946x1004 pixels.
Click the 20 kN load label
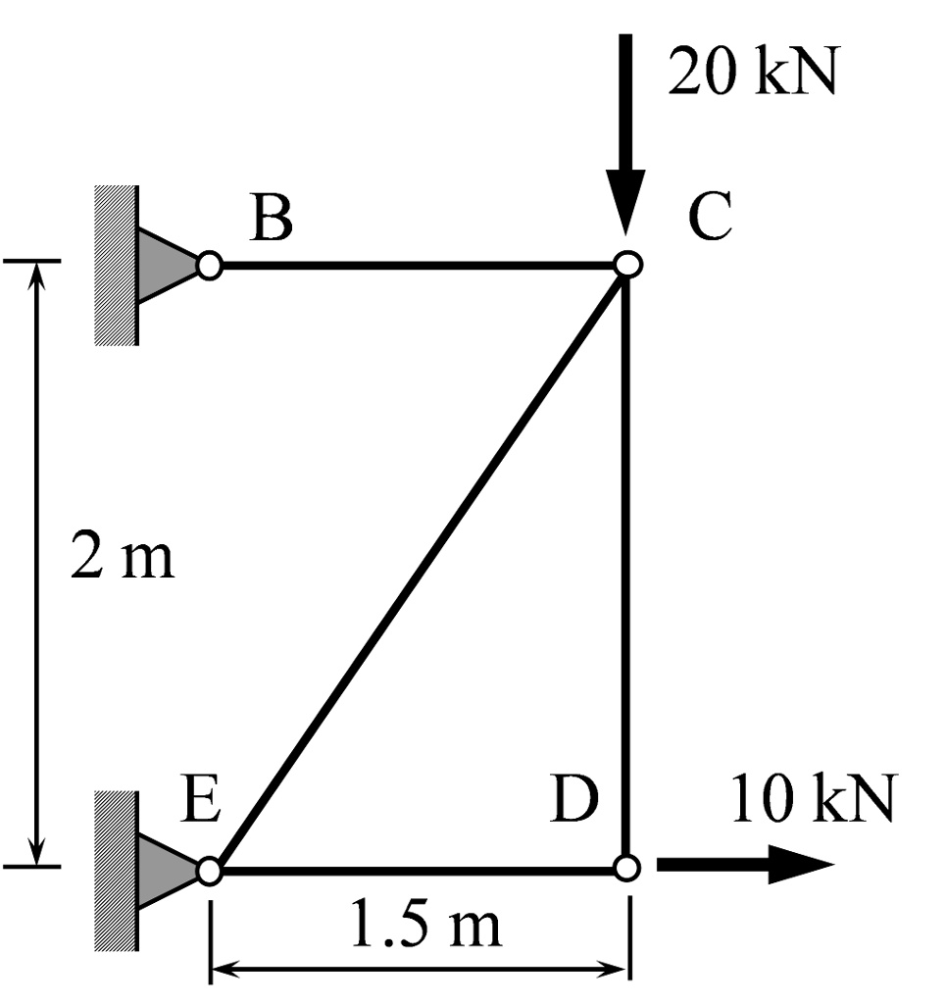click(x=753, y=73)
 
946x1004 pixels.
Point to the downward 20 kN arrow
click(x=625, y=137)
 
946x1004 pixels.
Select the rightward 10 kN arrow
click(x=745, y=865)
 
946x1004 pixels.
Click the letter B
click(x=271, y=220)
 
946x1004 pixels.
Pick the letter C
click(x=709, y=219)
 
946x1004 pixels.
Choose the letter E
click(x=202, y=802)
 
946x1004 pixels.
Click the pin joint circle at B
click(x=209, y=265)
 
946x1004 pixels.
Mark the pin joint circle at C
click(x=627, y=264)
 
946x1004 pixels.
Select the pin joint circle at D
click(x=628, y=868)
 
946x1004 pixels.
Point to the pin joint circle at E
click(x=209, y=870)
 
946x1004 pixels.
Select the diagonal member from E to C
click(x=419, y=567)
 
